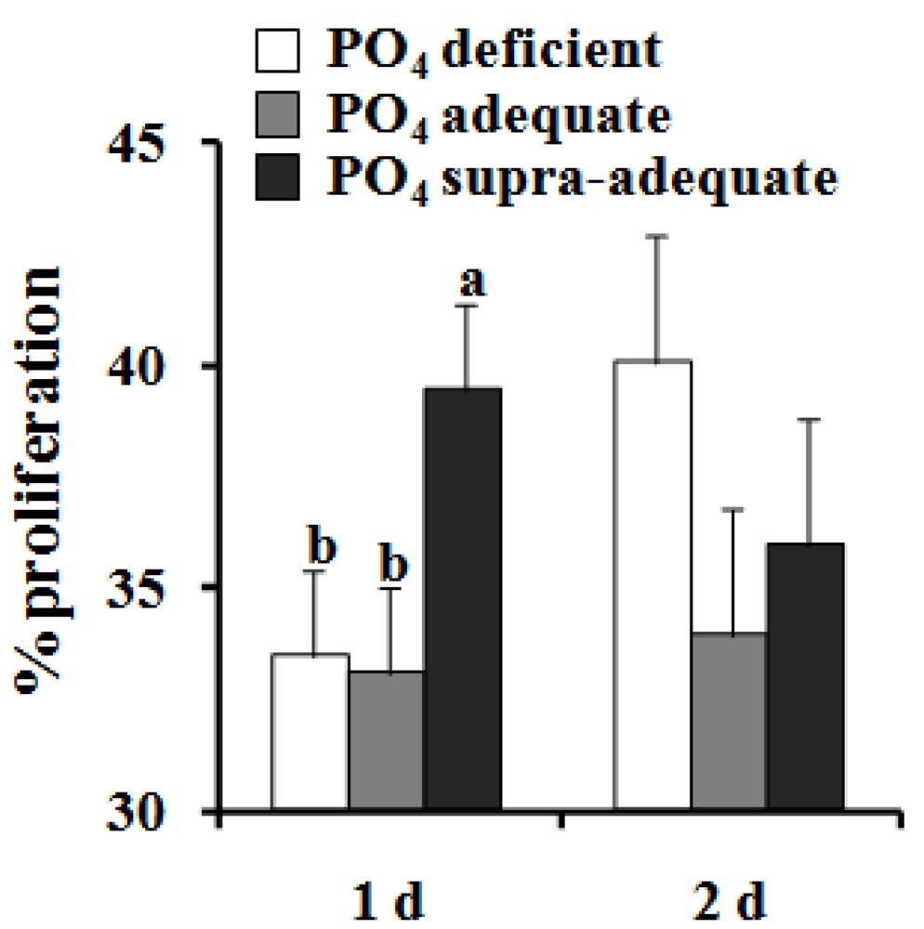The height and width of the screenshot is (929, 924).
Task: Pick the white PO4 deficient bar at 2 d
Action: pyautogui.click(x=653, y=585)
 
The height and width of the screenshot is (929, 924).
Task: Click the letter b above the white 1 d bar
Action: pyautogui.click(x=322, y=547)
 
